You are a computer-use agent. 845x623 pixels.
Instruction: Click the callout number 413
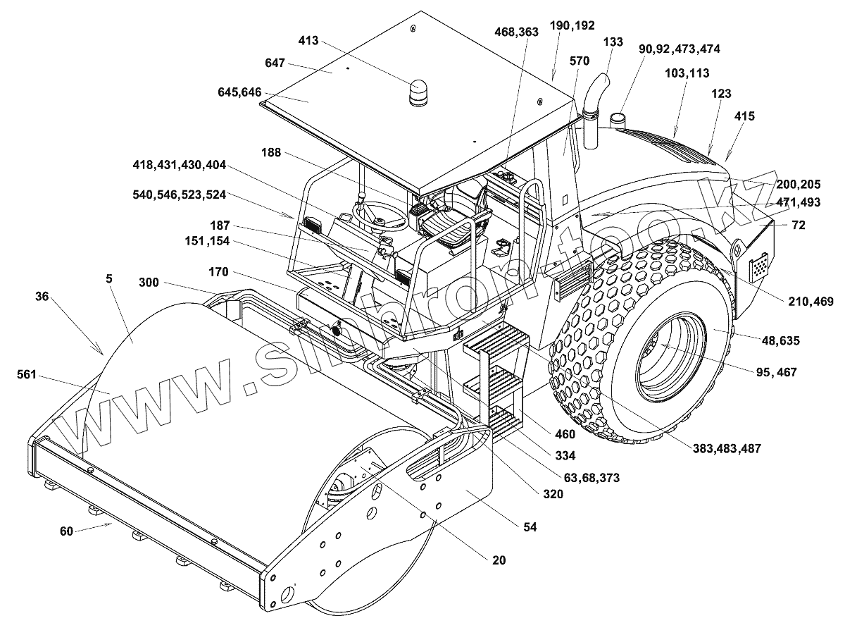[x=308, y=40]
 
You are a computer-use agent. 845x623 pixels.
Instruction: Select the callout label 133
[x=613, y=42]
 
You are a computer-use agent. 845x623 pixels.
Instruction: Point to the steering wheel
[x=380, y=216]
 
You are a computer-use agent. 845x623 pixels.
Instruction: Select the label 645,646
[x=239, y=92]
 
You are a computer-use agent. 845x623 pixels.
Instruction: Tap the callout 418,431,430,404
[x=179, y=165]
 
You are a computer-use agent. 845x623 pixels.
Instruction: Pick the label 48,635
[x=780, y=341]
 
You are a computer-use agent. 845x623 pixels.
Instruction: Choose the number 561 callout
[x=27, y=374]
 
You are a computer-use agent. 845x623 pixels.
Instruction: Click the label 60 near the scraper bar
[x=66, y=531]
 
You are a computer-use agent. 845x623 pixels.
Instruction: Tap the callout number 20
[x=499, y=560]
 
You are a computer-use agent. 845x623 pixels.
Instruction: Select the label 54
[x=530, y=527]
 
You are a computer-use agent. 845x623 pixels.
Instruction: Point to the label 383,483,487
[x=727, y=448]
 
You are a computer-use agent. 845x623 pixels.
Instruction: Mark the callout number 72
[x=799, y=225]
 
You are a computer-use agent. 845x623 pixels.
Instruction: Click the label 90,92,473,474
[x=680, y=49]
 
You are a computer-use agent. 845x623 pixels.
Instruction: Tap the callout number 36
[x=42, y=297]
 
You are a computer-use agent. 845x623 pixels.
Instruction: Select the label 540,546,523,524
[x=179, y=195]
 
